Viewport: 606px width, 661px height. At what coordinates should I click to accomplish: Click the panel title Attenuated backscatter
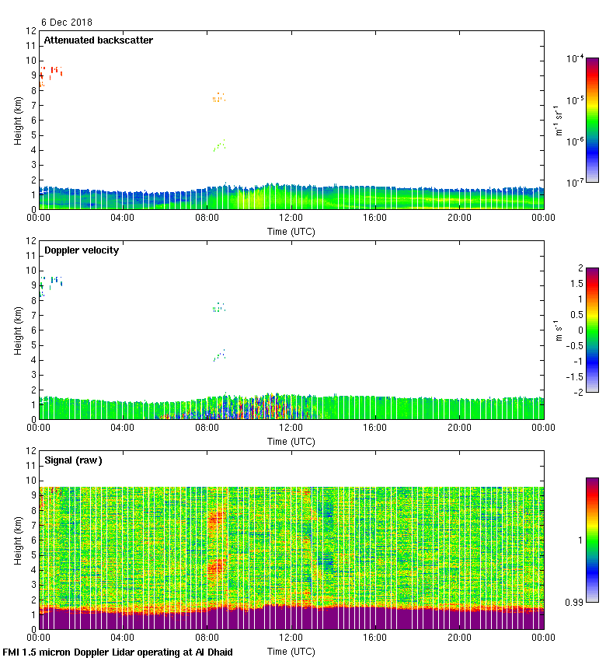click(x=98, y=40)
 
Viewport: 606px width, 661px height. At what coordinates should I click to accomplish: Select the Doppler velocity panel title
click(x=81, y=250)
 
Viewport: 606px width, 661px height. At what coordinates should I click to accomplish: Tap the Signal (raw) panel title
click(x=73, y=460)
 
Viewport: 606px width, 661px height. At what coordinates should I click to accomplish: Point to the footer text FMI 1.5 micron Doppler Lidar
click(x=117, y=652)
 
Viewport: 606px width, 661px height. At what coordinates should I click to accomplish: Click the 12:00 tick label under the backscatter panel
click(x=291, y=219)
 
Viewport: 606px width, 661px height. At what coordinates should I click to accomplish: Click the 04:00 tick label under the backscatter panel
click(x=123, y=219)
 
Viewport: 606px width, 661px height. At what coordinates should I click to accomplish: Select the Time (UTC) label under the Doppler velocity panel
click(x=291, y=441)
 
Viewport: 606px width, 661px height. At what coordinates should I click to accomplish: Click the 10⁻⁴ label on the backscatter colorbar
click(x=576, y=59)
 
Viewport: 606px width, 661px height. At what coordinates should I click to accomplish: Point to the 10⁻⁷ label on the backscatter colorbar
click(x=576, y=181)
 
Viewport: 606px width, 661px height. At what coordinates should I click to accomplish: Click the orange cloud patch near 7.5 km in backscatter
click(x=218, y=98)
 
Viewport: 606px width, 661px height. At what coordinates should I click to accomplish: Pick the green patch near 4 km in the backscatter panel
click(x=219, y=145)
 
